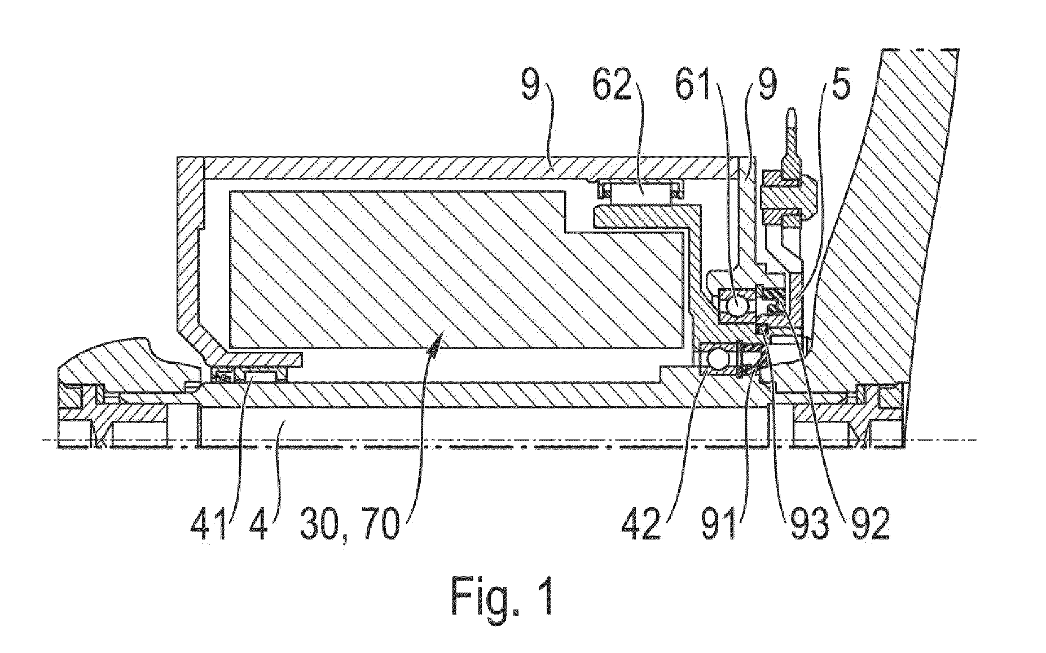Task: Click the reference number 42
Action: pyautogui.click(x=641, y=525)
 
